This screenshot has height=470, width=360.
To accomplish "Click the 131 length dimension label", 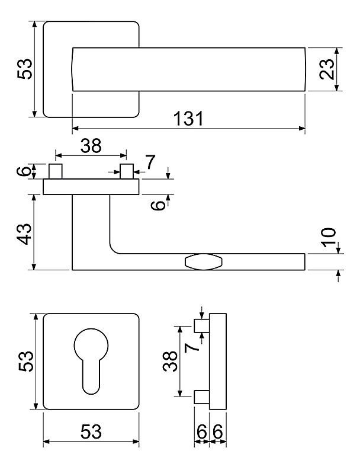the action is click(x=189, y=119).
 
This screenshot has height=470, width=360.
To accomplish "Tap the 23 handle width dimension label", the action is click(x=326, y=69).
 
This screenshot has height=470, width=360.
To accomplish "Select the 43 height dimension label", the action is click(x=24, y=234).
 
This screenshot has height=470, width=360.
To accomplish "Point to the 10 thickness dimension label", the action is click(x=329, y=237).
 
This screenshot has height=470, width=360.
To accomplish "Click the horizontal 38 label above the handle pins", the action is click(x=91, y=146).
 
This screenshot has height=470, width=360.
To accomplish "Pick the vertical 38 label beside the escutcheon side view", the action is click(x=170, y=361).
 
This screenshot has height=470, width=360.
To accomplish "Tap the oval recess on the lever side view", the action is click(x=204, y=262).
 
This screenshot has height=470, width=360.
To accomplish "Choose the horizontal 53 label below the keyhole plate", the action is click(x=91, y=431).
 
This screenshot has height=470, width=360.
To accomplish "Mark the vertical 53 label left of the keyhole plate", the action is click(x=25, y=361).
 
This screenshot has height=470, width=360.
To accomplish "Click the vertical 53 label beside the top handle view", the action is click(x=24, y=69).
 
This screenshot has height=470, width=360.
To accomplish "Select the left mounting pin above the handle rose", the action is click(x=56, y=171).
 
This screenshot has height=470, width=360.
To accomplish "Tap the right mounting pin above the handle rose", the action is click(x=127, y=171).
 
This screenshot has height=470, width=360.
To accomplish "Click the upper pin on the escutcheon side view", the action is click(x=202, y=326).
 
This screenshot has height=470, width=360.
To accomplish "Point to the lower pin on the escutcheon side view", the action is click(x=202, y=397).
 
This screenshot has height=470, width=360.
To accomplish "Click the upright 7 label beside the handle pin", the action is click(x=150, y=162).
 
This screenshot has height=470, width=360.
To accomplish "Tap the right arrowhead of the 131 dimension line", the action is click(x=302, y=129).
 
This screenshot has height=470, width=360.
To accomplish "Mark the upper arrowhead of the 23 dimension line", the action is click(x=337, y=50).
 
